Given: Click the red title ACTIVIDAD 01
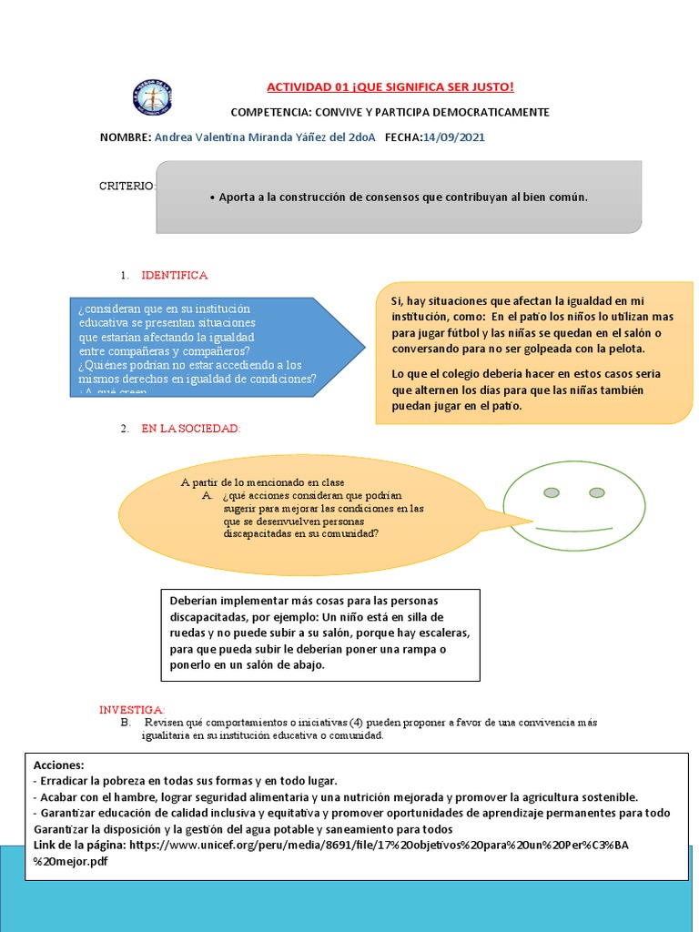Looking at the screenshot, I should (390, 86).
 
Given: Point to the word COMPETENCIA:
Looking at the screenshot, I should (272, 112).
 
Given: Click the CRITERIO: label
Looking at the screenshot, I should (127, 186).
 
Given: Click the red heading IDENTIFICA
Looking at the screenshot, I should (174, 275).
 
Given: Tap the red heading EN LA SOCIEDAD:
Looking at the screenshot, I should (190, 427).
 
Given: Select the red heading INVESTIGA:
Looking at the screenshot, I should (132, 709).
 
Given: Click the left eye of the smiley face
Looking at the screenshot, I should (551, 492).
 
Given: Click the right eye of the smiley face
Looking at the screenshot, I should (597, 492).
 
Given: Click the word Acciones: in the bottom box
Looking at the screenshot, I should (59, 765).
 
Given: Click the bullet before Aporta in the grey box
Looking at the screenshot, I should (211, 197).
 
